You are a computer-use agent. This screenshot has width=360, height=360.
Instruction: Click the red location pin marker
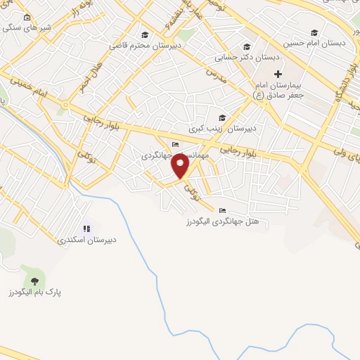click(181, 167)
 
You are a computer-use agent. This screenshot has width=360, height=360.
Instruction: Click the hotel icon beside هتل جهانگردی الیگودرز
click(223, 210)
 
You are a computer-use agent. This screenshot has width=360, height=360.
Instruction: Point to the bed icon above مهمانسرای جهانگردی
click(175, 146)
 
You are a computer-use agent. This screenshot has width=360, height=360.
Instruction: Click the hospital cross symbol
click(278, 74)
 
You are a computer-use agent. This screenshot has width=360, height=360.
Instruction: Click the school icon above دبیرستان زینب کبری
click(223, 118)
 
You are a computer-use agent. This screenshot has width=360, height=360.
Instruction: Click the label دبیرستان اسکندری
click(88, 240)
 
